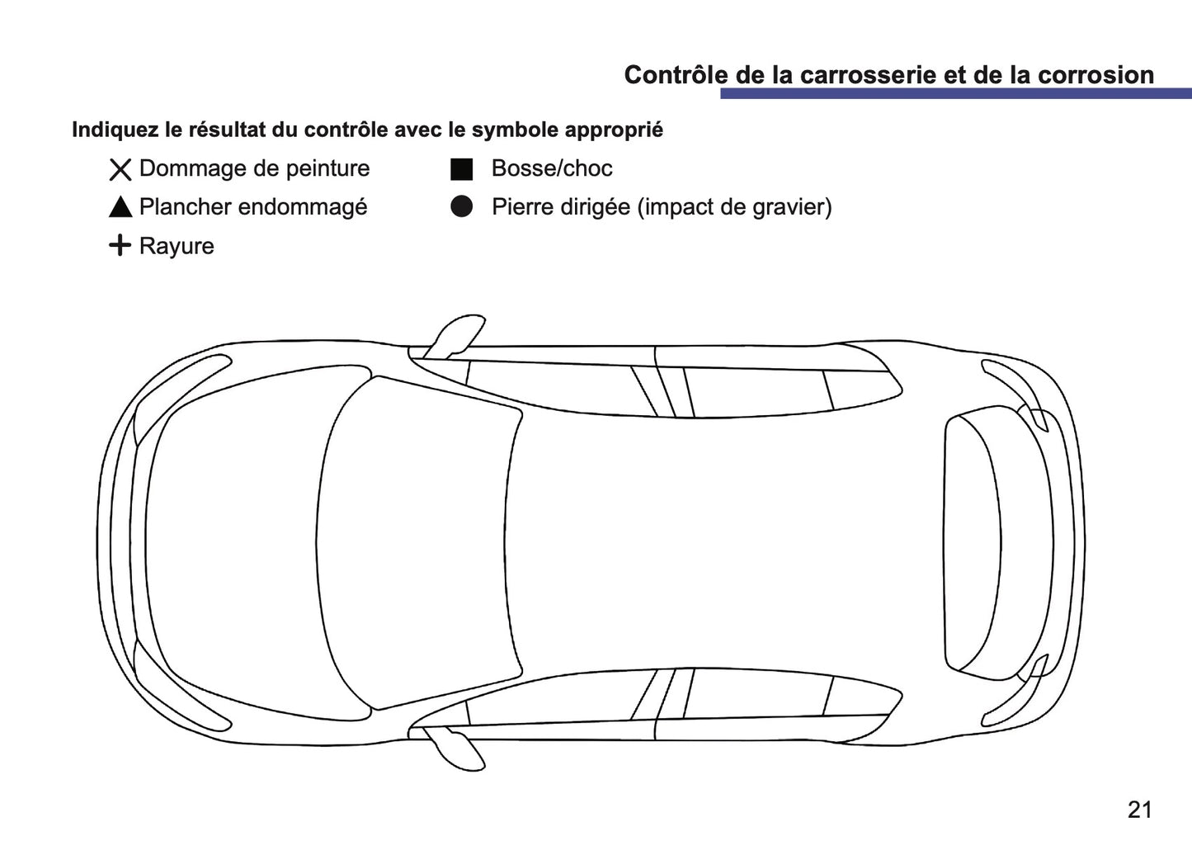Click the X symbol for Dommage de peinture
click(x=120, y=170)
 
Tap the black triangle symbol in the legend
click(x=120, y=208)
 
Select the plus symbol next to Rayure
click(x=120, y=245)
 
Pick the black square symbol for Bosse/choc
click(x=461, y=169)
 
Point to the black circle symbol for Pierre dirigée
click(x=461, y=207)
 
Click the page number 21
click(x=1139, y=810)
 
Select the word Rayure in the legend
click(x=177, y=246)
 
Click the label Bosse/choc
click(x=551, y=168)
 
